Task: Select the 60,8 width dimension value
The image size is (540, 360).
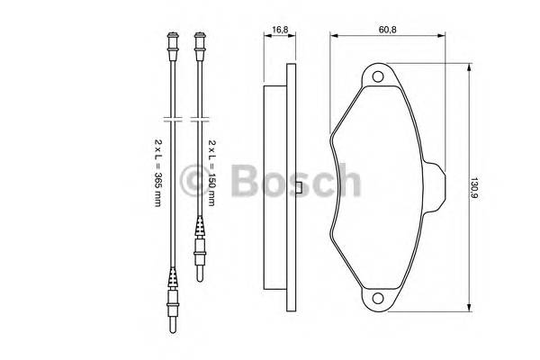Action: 387,29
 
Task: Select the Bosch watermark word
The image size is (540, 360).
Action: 293,184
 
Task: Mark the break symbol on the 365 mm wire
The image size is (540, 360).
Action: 171,119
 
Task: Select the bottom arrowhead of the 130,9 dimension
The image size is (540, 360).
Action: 469,309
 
